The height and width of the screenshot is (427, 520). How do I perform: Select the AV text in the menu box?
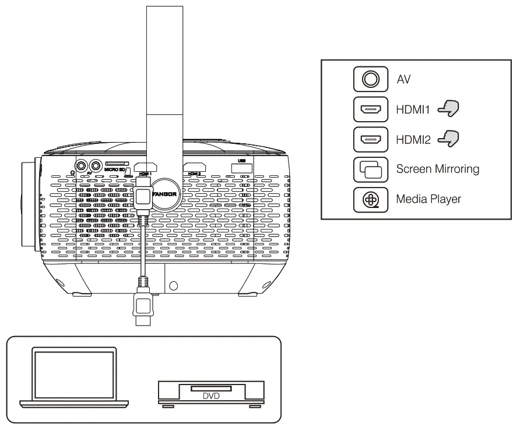point(403,79)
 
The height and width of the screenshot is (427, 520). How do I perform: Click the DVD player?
point(212,394)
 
